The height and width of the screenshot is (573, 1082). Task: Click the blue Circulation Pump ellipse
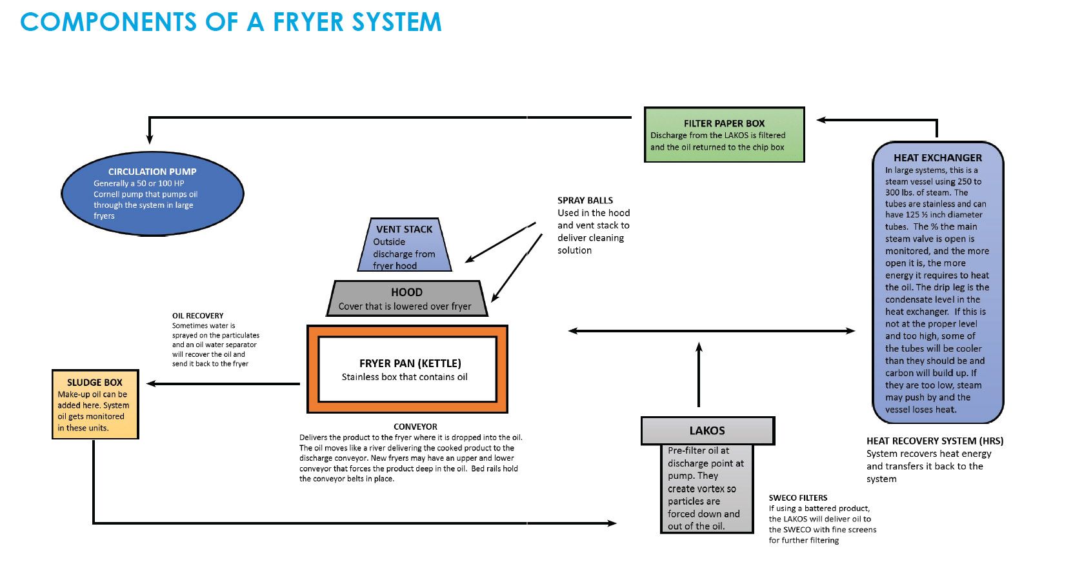152,193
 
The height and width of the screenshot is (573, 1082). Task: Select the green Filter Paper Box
724,135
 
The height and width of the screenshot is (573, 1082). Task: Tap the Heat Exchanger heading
937,157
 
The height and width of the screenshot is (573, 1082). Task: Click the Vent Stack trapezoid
405,246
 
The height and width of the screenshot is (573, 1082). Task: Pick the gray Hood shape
406,299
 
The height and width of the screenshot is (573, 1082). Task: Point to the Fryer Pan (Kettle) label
410,363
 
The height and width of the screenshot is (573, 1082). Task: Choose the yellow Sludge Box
95,405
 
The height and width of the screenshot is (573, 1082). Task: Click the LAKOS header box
707,430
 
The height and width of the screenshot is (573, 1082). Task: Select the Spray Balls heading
585,201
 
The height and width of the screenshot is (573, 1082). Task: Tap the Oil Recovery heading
197,316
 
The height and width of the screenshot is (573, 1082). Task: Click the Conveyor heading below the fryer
416,427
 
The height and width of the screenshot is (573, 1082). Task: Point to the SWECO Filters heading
798,498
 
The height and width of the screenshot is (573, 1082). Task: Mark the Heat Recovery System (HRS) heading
935,441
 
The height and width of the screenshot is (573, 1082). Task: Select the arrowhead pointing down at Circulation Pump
150,138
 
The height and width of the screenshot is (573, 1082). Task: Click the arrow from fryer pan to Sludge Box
223,384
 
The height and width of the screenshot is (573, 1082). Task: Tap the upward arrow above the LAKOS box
699,374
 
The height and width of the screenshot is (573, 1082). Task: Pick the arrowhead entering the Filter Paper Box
822,120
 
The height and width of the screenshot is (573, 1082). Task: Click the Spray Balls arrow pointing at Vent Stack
500,243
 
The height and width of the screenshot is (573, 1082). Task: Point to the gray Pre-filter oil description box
707,488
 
